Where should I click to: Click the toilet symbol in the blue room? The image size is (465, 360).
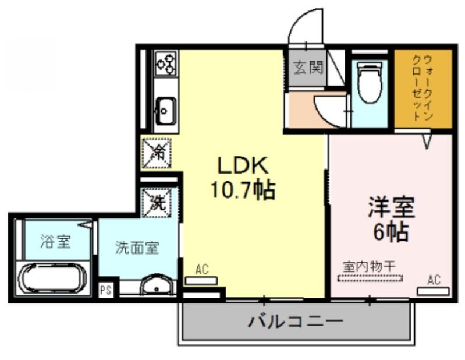pyautogui.click(x=369, y=82)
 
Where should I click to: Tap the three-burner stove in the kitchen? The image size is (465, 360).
pyautogui.click(x=166, y=63)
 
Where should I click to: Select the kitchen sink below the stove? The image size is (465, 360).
pyautogui.click(x=166, y=111)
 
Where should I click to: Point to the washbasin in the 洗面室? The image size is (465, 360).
pyautogui.click(x=157, y=285)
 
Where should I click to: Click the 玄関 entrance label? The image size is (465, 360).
pyautogui.click(x=308, y=68)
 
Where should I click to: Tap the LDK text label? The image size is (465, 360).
pyautogui.click(x=243, y=165)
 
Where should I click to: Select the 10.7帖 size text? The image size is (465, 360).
pyautogui.click(x=243, y=189)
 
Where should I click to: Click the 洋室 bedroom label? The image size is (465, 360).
pyautogui.click(x=391, y=208)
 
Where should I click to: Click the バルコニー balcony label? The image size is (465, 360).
pyautogui.click(x=296, y=321)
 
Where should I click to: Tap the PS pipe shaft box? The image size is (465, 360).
pyautogui.click(x=106, y=290)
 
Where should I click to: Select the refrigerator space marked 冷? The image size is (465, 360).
pyautogui.click(x=157, y=153)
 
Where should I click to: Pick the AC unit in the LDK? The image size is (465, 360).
pyautogui.click(x=201, y=281)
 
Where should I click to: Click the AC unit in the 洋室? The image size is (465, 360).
pyautogui.click(x=433, y=291)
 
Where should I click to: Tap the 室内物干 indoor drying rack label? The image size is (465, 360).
pyautogui.click(x=369, y=267)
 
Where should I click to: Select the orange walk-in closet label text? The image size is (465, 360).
pyautogui.click(x=423, y=88)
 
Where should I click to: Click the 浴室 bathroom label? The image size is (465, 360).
pyautogui.click(x=55, y=241)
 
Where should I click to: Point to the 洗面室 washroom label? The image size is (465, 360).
pyautogui.click(x=137, y=248)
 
